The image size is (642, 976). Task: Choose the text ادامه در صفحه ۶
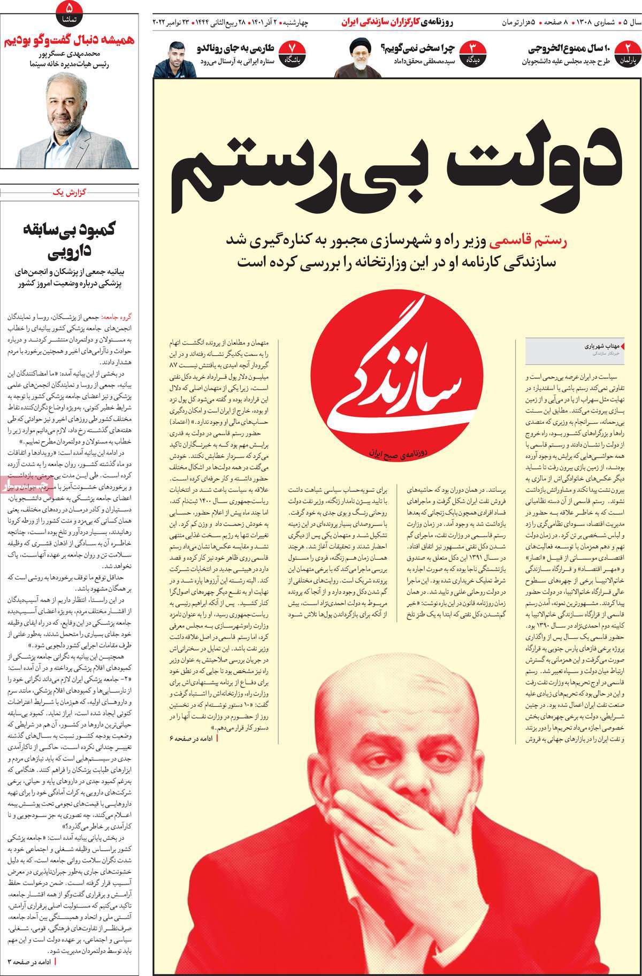pyautogui.click(x=193, y=737)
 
